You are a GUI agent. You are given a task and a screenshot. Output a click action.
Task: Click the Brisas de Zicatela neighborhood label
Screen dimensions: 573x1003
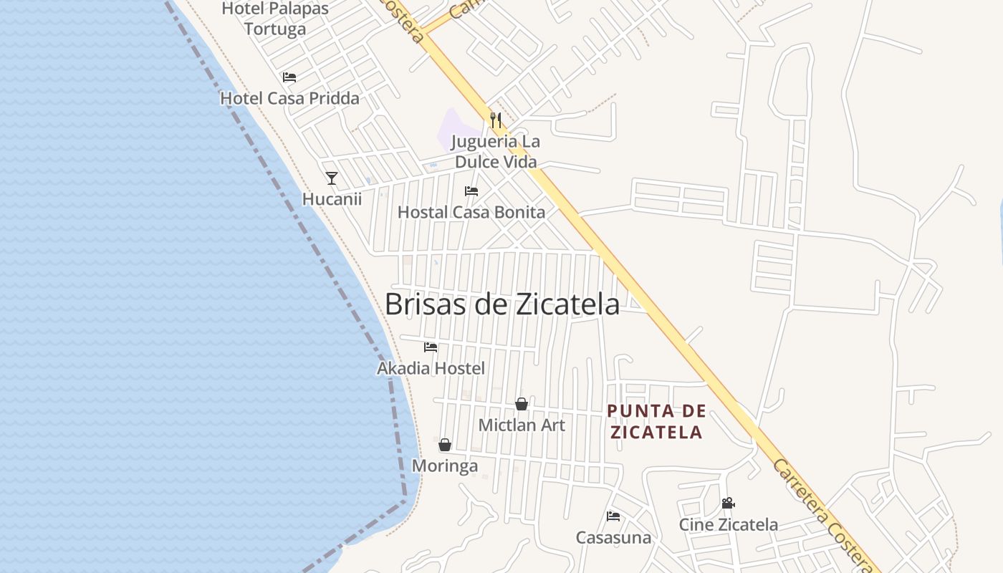(x=501, y=304)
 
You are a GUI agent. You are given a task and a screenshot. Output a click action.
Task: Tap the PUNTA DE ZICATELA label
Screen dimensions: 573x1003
(x=656, y=422)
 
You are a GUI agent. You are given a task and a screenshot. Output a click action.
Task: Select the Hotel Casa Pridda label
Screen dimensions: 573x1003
(x=289, y=98)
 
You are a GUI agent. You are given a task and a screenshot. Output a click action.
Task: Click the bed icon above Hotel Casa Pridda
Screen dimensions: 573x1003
(x=289, y=77)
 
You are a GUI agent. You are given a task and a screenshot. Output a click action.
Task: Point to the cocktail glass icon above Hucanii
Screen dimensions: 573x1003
(x=331, y=178)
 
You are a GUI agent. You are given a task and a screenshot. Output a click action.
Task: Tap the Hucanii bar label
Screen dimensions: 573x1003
(x=332, y=199)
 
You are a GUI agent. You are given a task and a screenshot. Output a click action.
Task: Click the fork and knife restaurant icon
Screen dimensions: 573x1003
(x=496, y=120)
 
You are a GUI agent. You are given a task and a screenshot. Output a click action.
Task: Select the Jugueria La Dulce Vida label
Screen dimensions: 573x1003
(x=496, y=152)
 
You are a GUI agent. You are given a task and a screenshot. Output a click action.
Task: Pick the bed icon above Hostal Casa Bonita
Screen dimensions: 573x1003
(x=471, y=191)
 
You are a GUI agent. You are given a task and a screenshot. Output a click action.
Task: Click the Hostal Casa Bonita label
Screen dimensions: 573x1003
(x=471, y=212)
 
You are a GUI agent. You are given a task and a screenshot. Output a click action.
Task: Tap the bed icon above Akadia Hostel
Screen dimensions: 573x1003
(x=431, y=347)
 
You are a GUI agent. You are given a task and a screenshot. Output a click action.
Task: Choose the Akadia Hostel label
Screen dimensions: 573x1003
(x=431, y=368)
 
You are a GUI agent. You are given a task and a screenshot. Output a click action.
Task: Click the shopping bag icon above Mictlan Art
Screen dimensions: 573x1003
(x=522, y=404)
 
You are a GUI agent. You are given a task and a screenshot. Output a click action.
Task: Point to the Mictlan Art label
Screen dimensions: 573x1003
(x=522, y=425)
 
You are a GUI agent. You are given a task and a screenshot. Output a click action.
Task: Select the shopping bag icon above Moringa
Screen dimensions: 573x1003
(x=445, y=445)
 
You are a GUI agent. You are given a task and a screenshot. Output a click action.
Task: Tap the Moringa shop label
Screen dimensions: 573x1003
(x=445, y=466)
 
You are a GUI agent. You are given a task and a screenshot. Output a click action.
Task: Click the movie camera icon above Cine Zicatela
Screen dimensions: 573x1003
(x=729, y=503)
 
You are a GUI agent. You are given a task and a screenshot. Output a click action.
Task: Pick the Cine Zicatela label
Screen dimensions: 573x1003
(x=729, y=524)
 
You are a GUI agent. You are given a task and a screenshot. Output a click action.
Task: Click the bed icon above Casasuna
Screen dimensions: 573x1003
(x=613, y=516)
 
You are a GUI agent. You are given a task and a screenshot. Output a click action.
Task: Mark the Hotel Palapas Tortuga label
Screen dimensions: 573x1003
(x=275, y=19)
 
